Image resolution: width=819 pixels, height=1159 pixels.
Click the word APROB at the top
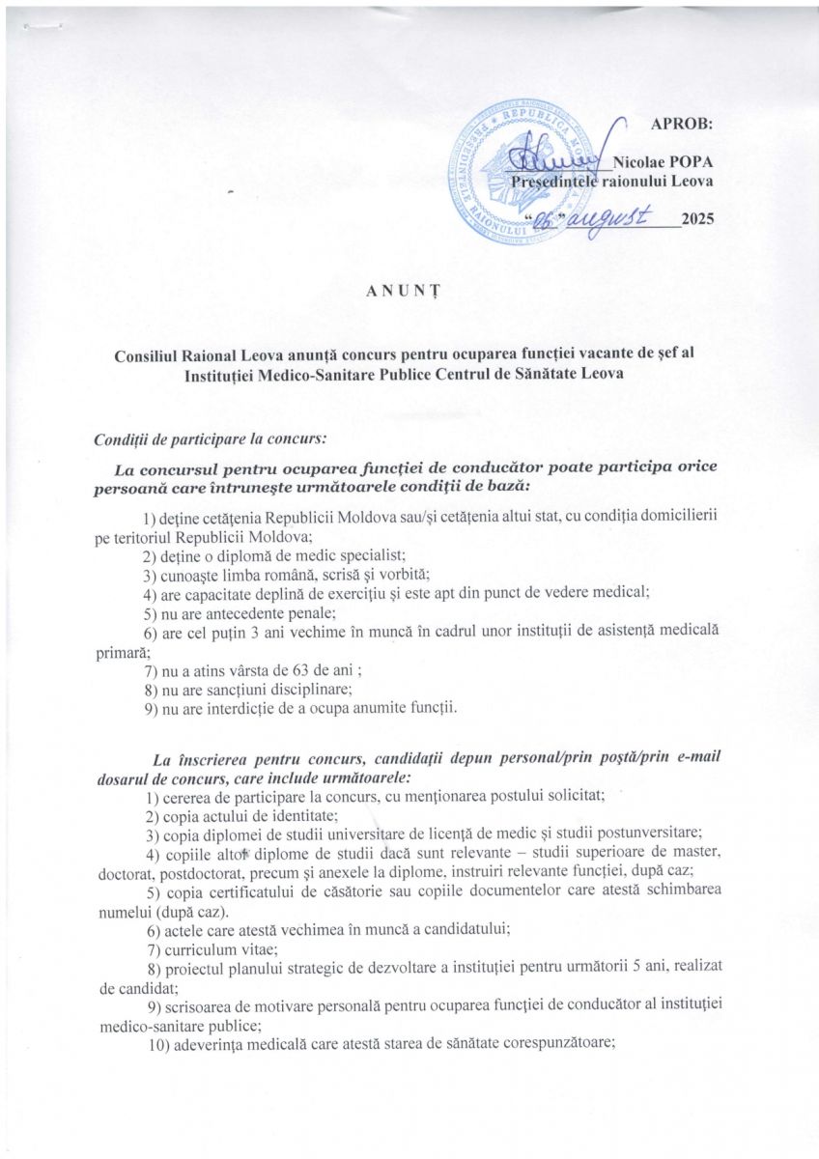tap(682, 124)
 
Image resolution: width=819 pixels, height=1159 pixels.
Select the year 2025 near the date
tap(698, 219)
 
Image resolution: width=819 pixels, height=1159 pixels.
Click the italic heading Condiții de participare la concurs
tap(210, 439)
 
